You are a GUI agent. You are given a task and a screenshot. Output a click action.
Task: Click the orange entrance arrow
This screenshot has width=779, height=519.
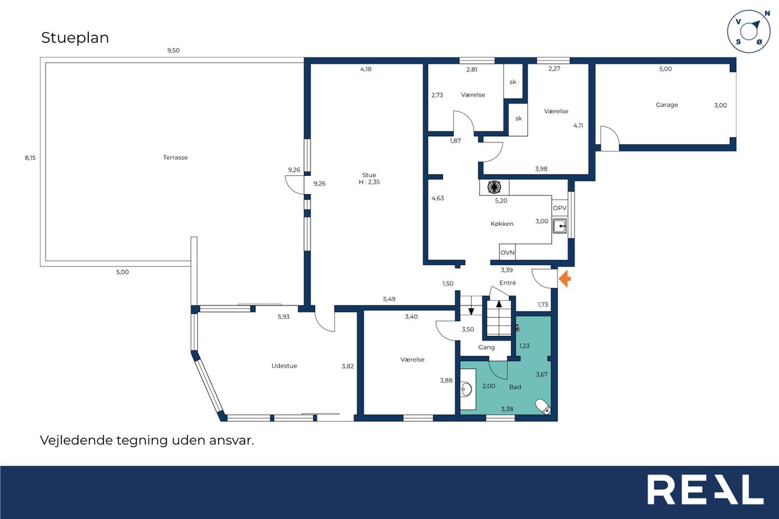point(565,279)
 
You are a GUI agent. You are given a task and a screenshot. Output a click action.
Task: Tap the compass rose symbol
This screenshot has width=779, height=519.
point(749,32)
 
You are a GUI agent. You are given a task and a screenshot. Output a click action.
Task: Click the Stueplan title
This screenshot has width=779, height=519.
point(75,38)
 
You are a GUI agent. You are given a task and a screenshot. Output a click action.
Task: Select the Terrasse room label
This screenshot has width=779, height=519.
point(175,158)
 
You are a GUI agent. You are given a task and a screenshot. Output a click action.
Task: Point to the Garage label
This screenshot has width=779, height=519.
point(666,105)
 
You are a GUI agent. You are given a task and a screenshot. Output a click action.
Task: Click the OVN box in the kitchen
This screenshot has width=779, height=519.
point(508,252)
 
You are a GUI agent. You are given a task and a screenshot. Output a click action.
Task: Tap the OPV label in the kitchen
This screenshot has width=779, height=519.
point(559,208)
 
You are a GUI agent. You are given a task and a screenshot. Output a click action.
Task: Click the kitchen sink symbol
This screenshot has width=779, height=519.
point(559,226)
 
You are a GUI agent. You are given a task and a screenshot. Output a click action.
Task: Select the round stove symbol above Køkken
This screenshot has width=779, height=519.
point(494,187)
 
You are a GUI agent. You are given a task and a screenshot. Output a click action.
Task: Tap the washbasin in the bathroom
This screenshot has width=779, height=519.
point(466,389)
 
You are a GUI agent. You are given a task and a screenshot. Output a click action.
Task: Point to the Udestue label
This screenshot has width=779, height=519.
point(284,366)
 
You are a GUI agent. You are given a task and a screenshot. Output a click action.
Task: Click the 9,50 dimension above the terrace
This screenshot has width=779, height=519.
point(173,51)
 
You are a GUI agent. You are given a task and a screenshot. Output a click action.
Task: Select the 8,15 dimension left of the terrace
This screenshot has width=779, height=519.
point(30,158)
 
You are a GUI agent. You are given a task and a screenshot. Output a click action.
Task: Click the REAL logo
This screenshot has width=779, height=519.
point(705,489)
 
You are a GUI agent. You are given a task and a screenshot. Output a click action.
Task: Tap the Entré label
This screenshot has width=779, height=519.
point(508,282)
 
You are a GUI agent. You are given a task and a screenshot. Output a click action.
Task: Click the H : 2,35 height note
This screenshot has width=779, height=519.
point(369,182)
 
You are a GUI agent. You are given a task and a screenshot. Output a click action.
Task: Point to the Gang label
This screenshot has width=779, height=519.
point(486,347)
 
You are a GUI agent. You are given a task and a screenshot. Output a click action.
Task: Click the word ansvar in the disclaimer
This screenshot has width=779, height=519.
point(231,441)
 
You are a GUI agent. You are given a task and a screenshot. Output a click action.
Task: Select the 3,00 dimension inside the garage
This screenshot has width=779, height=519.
point(720,105)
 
